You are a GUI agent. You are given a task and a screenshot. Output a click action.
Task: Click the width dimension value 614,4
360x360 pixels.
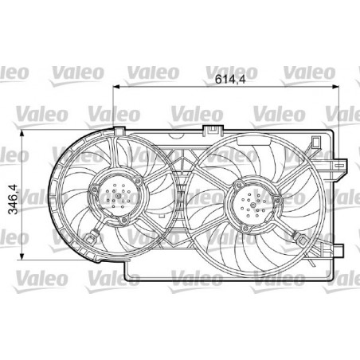coord(230,79)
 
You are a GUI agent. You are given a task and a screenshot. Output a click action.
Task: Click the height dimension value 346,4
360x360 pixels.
coord(13,199)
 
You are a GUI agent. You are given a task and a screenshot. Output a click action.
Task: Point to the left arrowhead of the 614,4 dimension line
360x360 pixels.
coord(116,86)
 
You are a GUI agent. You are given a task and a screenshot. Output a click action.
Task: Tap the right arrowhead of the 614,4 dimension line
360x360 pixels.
coord(336,86)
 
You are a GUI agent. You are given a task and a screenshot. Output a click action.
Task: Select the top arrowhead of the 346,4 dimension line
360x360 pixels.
coord(22,133)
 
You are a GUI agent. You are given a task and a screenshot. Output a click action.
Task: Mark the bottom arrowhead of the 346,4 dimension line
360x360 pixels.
coord(22,256)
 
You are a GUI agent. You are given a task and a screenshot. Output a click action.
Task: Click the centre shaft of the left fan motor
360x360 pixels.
coord(119,196)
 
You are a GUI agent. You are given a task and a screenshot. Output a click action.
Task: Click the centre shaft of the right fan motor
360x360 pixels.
coord(253,205)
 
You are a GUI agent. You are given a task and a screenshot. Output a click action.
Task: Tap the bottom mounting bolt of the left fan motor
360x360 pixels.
coord(123,221)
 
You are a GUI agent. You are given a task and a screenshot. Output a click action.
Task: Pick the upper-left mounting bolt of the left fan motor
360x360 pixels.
coord(95,190)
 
